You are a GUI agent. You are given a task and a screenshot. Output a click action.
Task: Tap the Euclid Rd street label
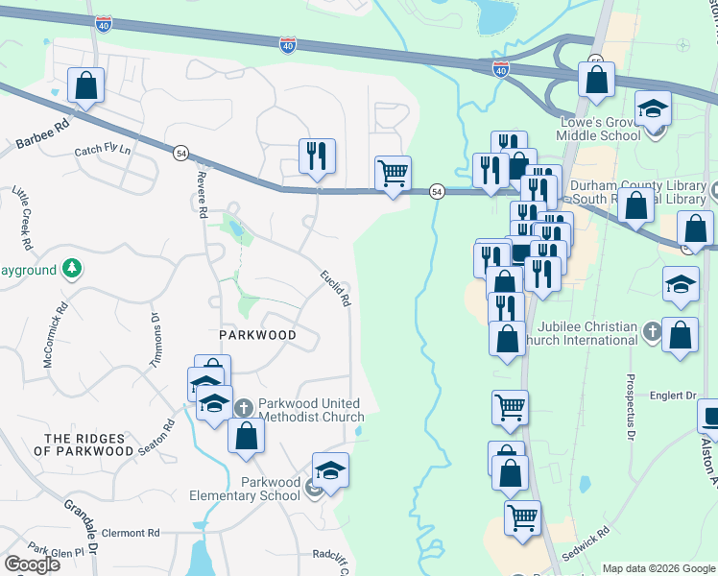point(335,288)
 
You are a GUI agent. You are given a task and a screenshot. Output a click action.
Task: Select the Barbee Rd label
point(44,134)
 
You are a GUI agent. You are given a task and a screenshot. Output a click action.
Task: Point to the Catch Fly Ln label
point(102,152)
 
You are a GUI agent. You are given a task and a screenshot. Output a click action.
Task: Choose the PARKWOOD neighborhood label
point(255,335)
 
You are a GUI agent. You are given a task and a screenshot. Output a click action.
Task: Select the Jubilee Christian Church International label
point(588,333)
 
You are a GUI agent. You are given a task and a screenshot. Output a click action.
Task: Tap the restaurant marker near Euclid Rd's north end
point(317,156)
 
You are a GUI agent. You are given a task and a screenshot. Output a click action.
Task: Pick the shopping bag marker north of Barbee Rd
point(85,84)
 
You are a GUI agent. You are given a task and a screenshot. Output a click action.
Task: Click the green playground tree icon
point(71,269)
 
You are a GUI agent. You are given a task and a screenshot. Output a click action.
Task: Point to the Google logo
point(32,564)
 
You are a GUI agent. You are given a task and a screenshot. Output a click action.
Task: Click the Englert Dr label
point(672,395)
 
